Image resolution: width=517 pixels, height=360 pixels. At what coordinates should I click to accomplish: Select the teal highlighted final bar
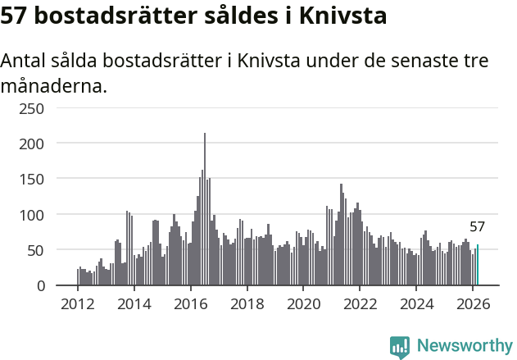[478, 265]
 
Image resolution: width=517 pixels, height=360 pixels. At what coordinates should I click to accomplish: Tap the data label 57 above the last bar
[477, 227]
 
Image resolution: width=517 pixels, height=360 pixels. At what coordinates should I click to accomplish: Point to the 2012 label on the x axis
[78, 303]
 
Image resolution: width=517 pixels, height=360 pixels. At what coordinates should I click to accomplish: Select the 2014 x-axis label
[134, 303]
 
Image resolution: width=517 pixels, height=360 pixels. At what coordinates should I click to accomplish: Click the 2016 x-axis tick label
[190, 303]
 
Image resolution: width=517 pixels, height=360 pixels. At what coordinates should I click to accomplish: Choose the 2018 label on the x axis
[247, 303]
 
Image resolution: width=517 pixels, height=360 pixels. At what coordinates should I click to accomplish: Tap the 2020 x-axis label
[303, 303]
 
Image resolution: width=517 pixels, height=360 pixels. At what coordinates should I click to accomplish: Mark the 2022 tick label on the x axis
[360, 303]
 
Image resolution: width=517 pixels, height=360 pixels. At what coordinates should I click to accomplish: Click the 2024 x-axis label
[415, 303]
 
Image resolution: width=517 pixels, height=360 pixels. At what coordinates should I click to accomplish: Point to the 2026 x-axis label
[472, 303]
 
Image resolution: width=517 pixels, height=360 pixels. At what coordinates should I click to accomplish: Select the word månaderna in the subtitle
[54, 85]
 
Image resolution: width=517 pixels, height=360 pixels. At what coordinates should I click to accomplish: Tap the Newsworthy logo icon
[400, 347]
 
